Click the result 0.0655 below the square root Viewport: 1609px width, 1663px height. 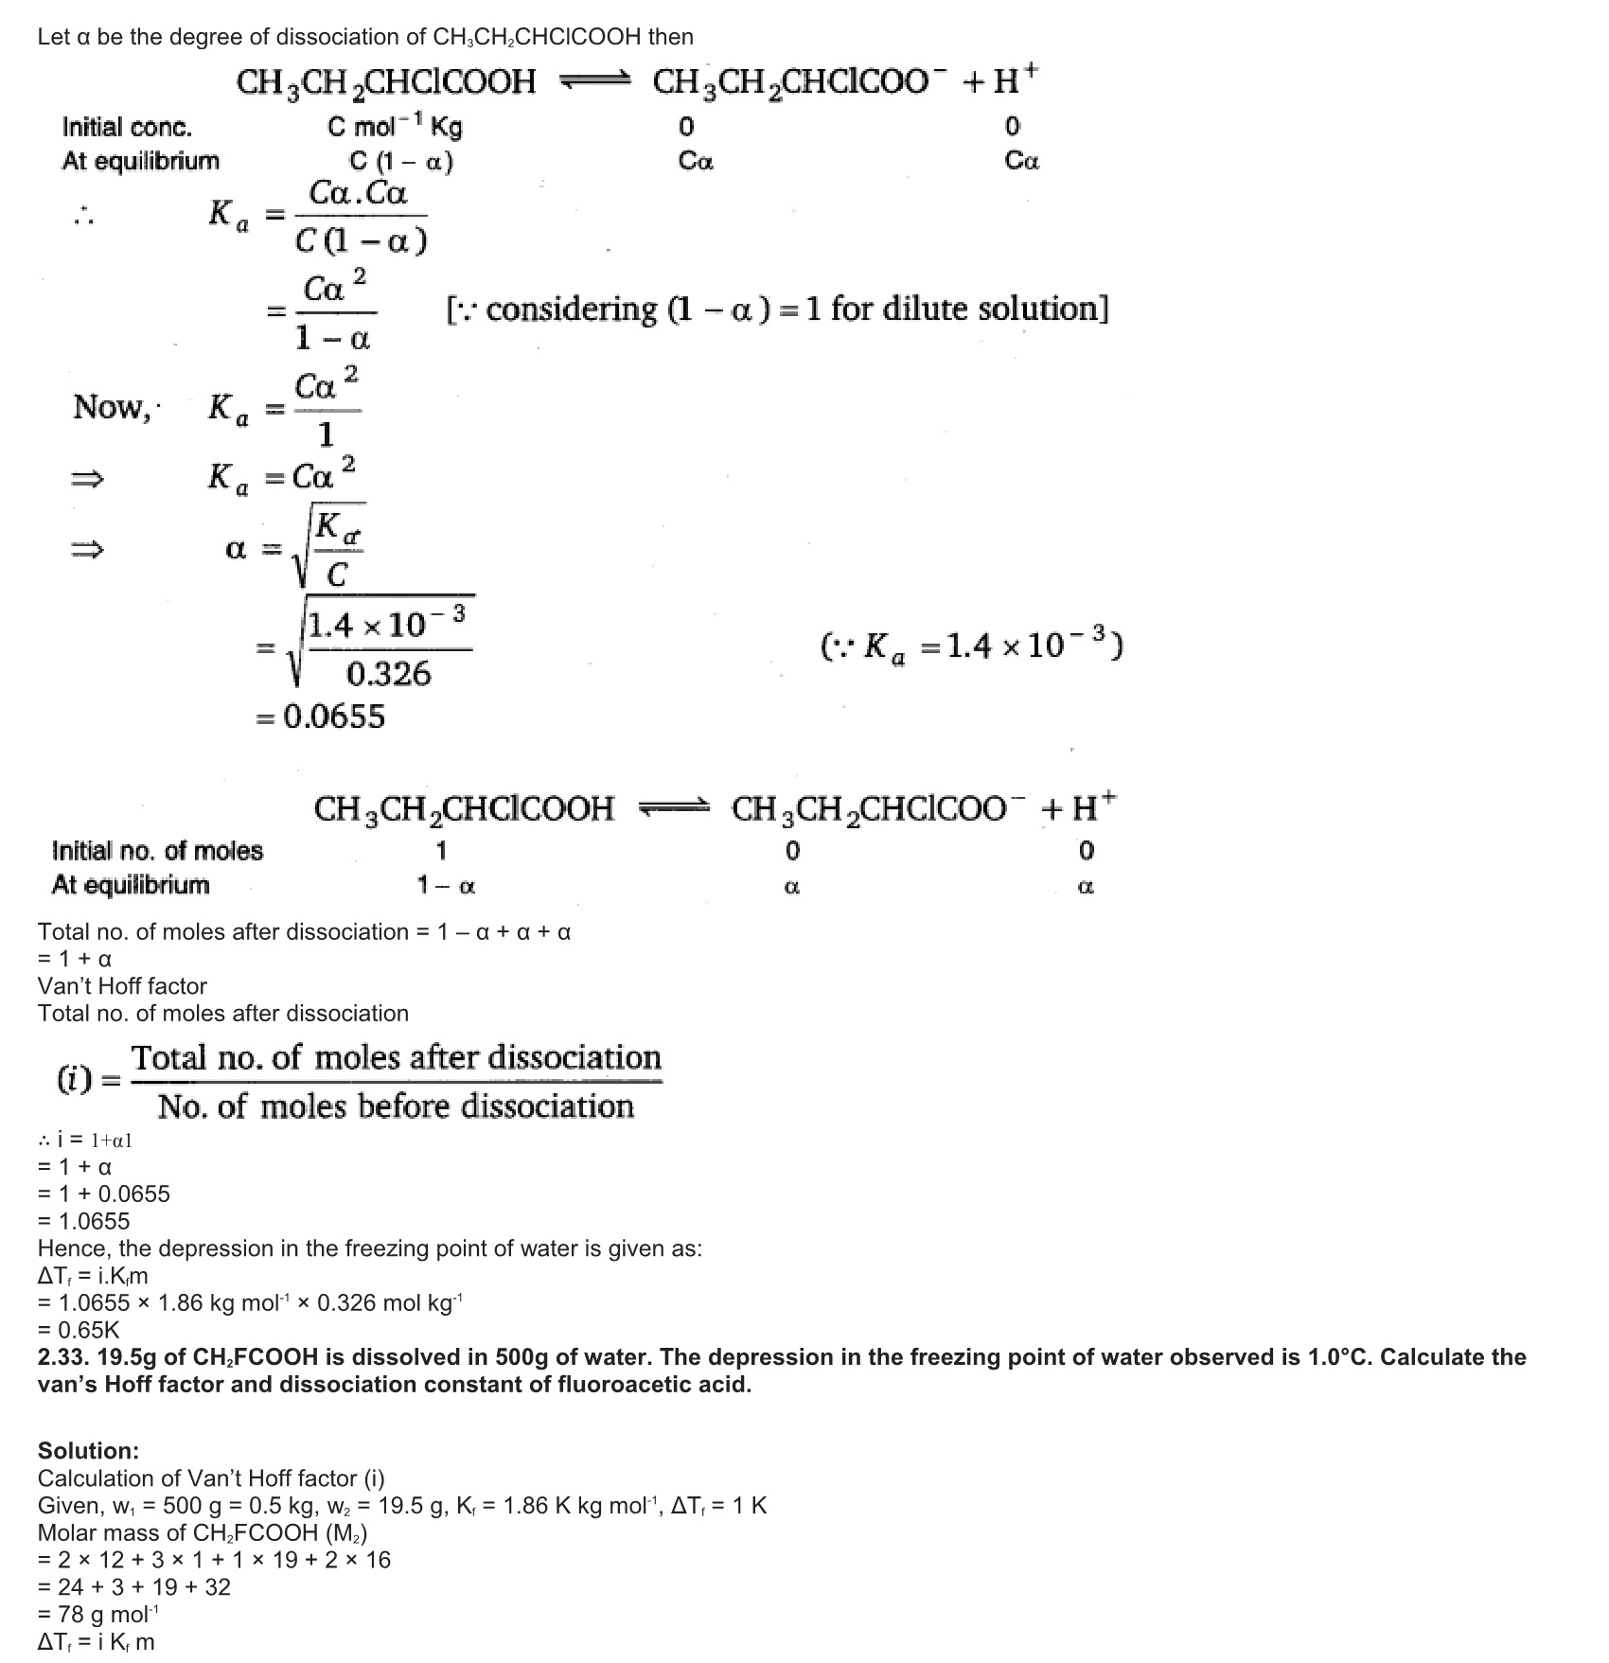[322, 717]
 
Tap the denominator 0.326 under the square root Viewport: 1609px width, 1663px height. [388, 674]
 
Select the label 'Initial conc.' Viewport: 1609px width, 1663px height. [127, 127]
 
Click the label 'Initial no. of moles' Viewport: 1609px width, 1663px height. [157, 851]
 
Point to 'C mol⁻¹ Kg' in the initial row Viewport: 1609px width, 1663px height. [395, 127]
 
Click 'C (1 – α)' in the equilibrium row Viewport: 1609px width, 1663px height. [401, 162]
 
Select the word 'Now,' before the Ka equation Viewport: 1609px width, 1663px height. [112, 408]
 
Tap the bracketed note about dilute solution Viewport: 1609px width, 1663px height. [776, 310]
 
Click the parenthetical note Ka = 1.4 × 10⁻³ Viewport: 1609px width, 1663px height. [971, 646]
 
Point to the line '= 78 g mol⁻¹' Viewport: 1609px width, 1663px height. [99, 1615]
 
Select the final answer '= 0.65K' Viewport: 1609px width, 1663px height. [79, 1329]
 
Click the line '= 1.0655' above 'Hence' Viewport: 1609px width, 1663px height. [83, 1221]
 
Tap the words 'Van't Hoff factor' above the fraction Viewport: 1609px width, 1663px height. [122, 986]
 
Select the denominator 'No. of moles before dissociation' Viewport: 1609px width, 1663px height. [396, 1106]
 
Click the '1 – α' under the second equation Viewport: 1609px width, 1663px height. [446, 887]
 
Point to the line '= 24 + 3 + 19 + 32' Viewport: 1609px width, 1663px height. [134, 1587]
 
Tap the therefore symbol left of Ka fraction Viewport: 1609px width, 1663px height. [84, 219]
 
